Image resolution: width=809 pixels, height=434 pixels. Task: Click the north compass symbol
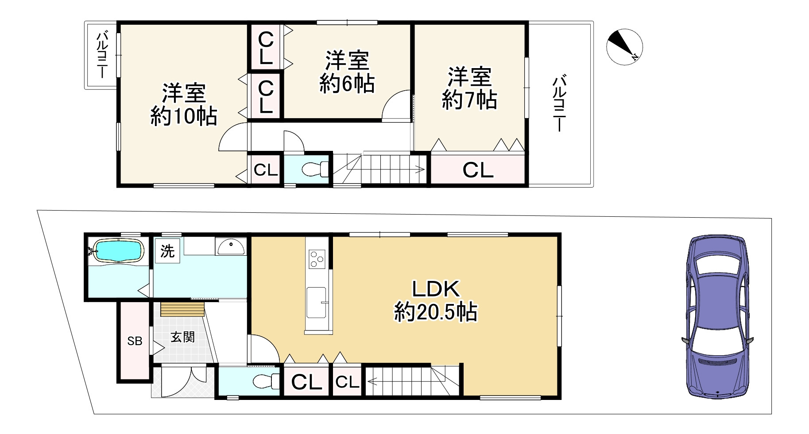[x=624, y=47]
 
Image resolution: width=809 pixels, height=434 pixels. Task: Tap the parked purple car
[x=717, y=316]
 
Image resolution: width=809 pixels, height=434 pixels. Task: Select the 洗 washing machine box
[x=167, y=251]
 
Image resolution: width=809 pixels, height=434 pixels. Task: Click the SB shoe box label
[x=135, y=341]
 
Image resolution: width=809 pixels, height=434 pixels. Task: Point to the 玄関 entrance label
[x=182, y=337]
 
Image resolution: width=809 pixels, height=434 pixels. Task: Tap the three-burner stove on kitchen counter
[x=317, y=259]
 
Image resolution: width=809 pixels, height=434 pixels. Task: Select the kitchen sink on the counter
[x=317, y=302]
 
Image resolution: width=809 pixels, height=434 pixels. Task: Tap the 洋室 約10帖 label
[x=184, y=105]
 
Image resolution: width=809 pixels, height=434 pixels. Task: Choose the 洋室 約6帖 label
[x=347, y=72]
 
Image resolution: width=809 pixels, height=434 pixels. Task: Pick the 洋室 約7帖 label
[x=469, y=88]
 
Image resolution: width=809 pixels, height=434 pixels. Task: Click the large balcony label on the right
[x=559, y=104]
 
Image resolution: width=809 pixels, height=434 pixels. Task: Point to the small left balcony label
[x=102, y=54]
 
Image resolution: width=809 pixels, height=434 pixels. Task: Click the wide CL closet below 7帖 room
[x=478, y=170]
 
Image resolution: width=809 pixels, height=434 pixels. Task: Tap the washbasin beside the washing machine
[x=230, y=246]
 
